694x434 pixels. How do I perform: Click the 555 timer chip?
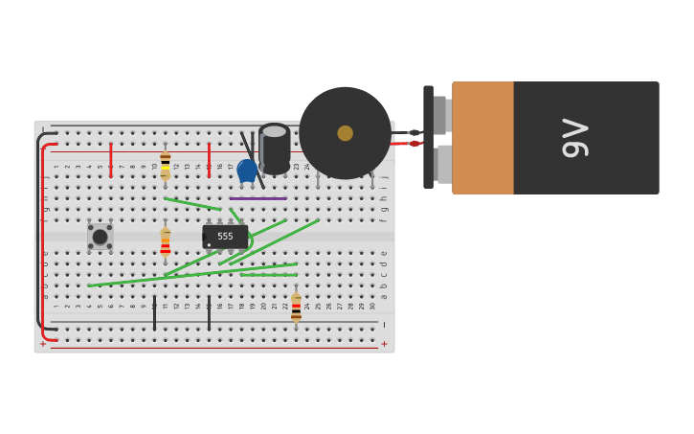tap(225, 236)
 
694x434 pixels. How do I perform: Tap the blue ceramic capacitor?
tap(247, 171)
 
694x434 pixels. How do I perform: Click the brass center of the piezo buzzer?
tap(345, 133)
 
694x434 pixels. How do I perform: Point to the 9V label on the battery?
tap(574, 138)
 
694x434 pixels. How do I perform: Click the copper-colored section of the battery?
tap(482, 138)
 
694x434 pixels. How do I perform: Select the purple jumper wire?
tap(257, 198)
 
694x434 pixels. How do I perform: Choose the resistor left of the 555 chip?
tap(166, 240)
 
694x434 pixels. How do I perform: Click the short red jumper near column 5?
tap(111, 159)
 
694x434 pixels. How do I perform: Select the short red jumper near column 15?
tap(209, 159)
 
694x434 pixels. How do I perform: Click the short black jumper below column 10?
tap(154, 313)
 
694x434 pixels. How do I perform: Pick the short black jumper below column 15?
tap(209, 313)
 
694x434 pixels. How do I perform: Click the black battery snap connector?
tap(429, 137)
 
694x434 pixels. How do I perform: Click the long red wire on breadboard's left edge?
tap(43, 240)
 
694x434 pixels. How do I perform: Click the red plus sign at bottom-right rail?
tap(385, 344)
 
